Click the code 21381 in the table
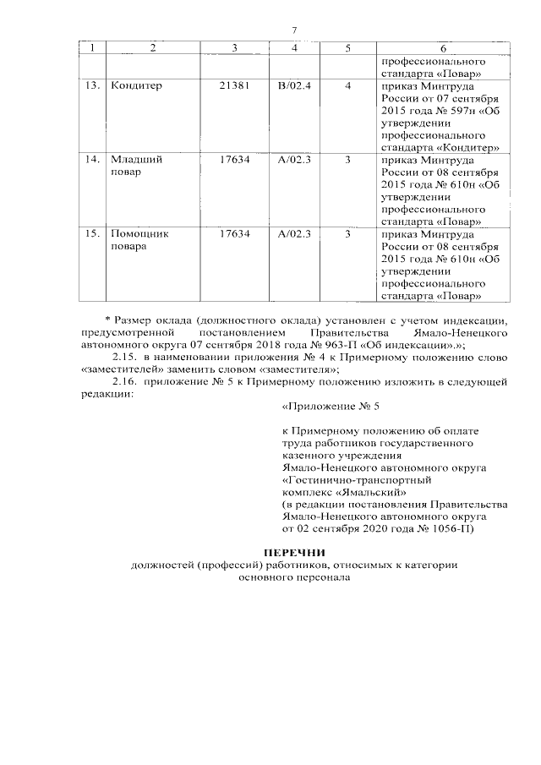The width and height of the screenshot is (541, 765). (232, 86)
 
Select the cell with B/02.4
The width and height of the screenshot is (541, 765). (294, 86)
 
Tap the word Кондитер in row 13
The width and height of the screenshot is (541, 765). (136, 86)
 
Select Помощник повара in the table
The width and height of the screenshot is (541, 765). (134, 239)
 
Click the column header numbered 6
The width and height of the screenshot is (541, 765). (442, 47)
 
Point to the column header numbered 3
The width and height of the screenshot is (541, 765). (232, 47)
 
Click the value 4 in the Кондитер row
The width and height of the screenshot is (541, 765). (347, 86)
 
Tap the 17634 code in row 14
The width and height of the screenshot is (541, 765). (232, 159)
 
